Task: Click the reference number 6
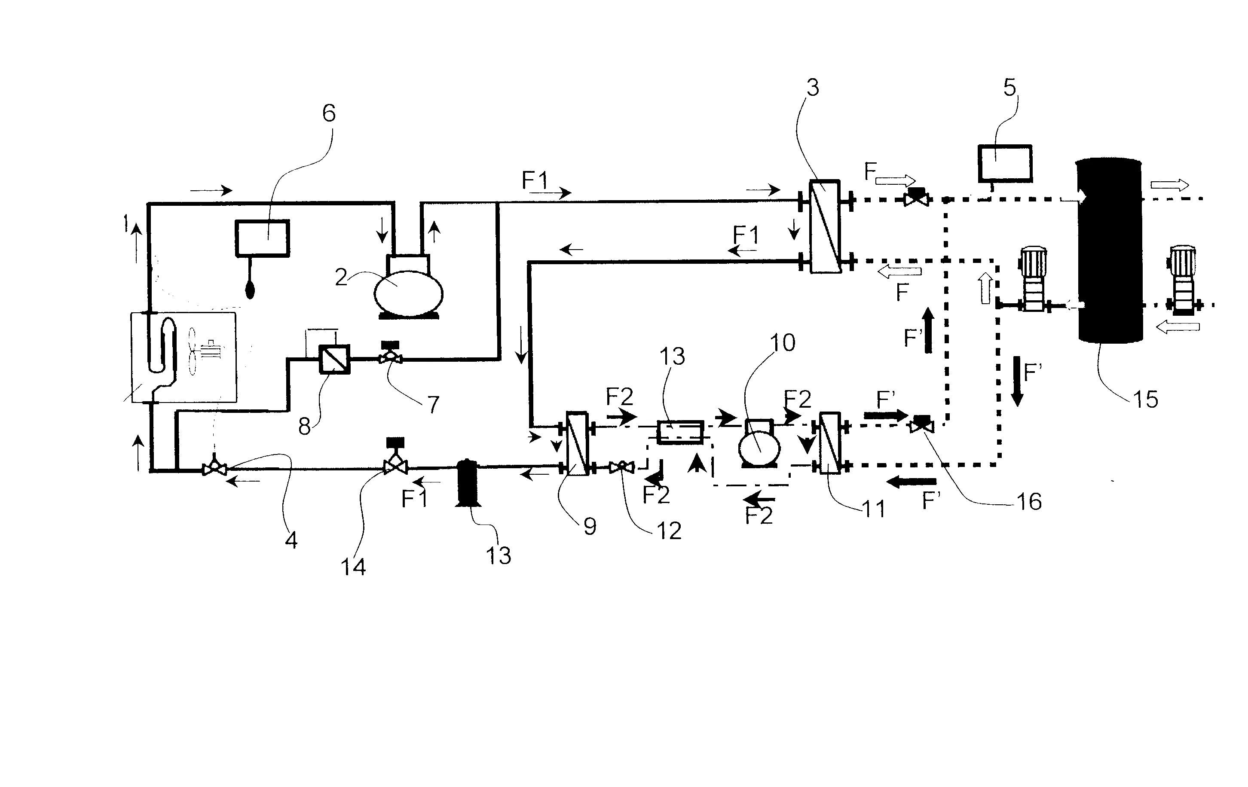(x=329, y=113)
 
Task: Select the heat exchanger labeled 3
(x=825, y=226)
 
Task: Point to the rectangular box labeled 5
(x=1004, y=163)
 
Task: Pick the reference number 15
(x=1145, y=400)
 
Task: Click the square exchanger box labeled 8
(x=335, y=359)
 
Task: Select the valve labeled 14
(x=395, y=465)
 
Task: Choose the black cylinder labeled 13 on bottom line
(x=468, y=482)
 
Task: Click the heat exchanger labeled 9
(x=577, y=443)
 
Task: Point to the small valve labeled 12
(x=621, y=468)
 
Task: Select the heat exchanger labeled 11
(x=830, y=442)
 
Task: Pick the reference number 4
(x=291, y=540)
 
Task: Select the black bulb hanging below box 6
(x=250, y=289)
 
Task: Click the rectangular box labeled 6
(x=262, y=238)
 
